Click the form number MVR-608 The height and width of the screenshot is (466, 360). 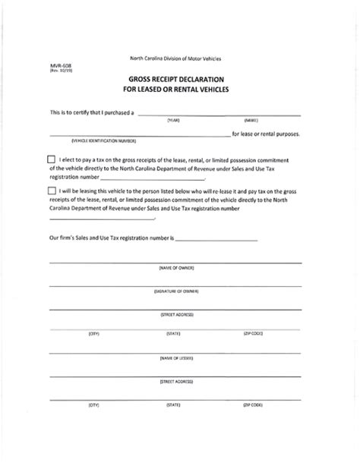click(58, 66)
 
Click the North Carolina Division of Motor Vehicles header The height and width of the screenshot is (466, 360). click(180, 59)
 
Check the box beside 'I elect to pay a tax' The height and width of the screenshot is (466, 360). click(51, 159)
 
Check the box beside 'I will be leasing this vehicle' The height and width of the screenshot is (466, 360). click(51, 190)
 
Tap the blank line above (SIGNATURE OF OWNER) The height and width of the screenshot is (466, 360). click(175, 285)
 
